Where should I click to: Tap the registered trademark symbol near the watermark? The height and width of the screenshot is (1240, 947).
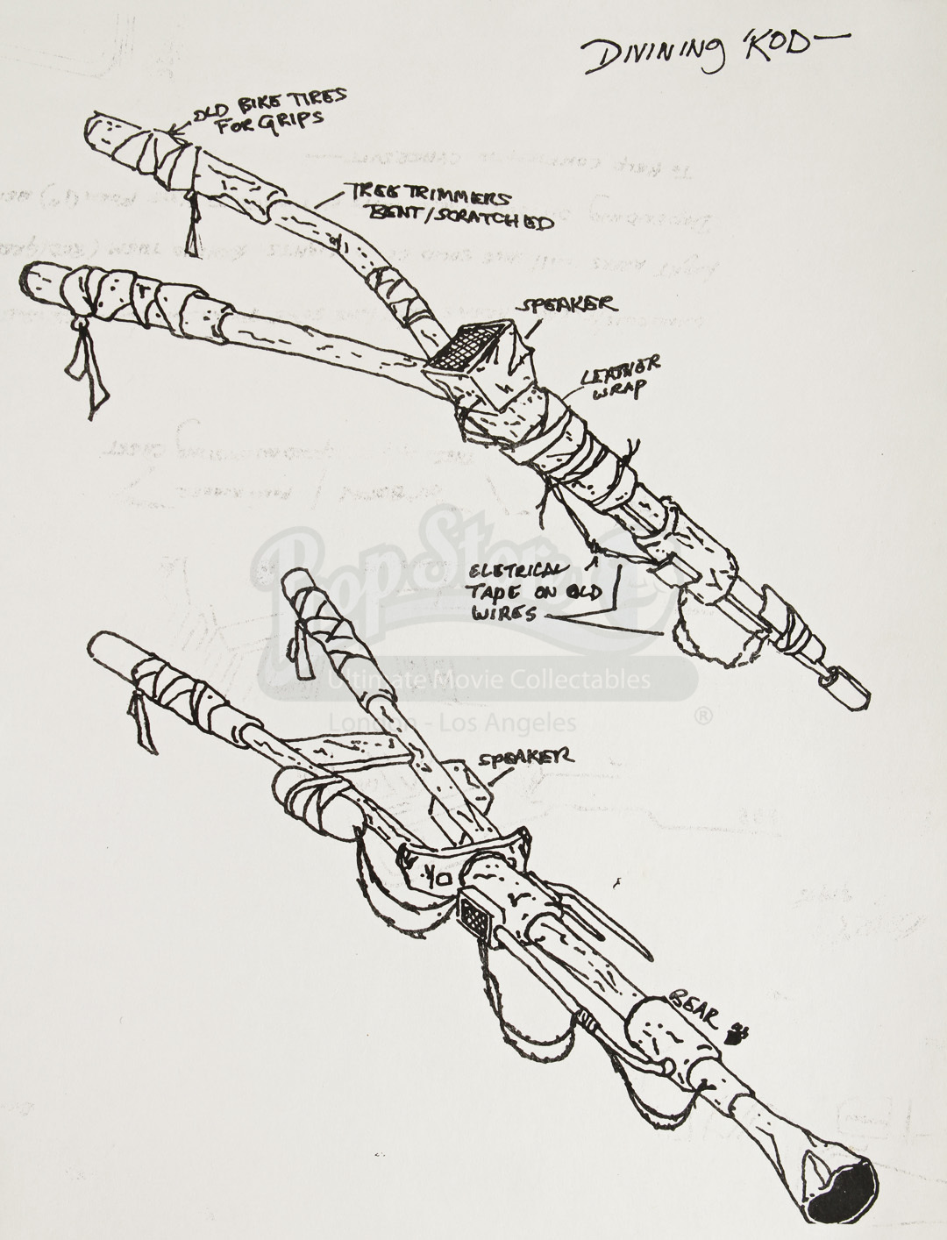coord(702,716)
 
